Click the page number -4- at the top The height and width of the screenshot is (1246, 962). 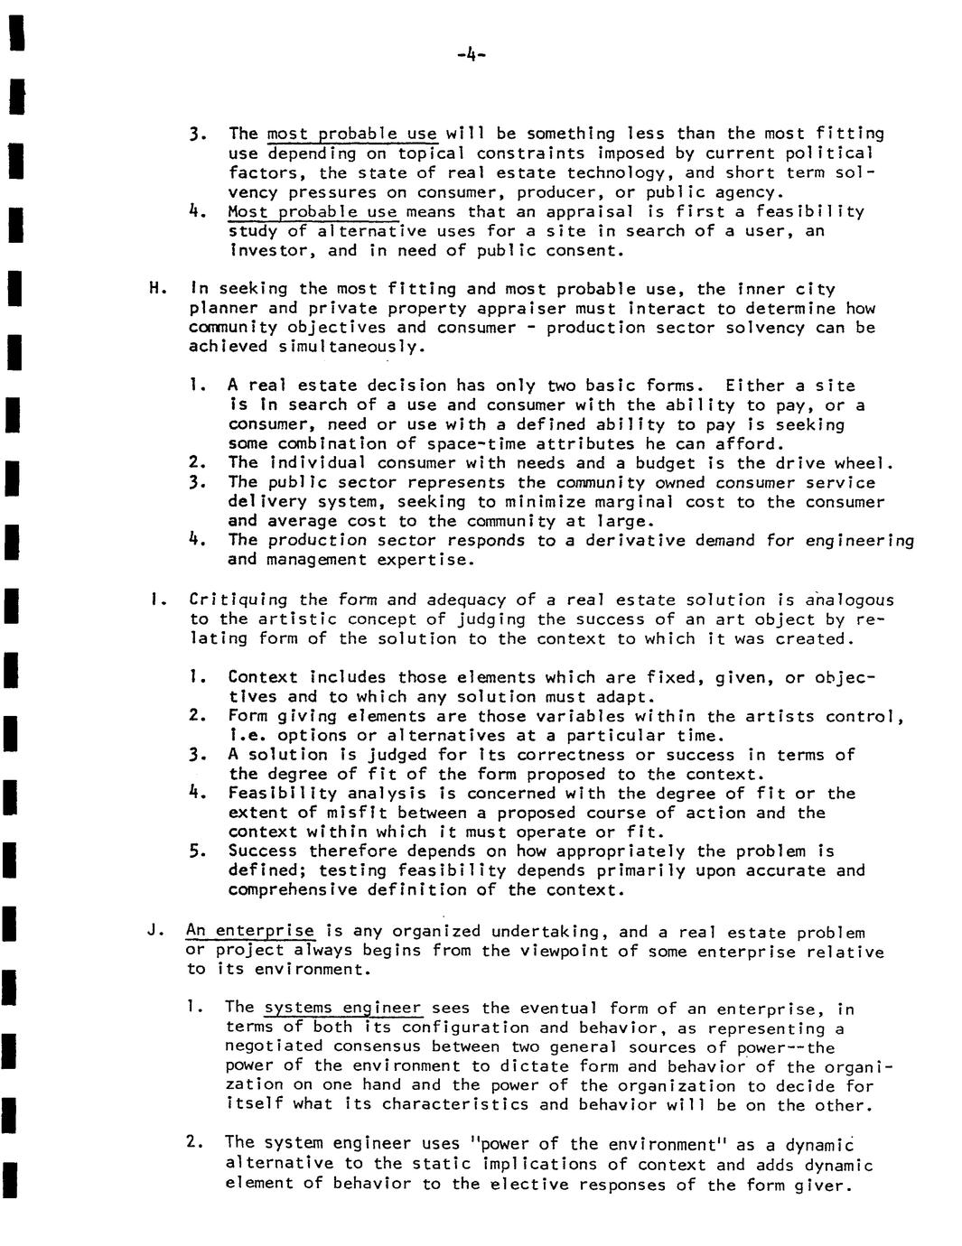pos(472,55)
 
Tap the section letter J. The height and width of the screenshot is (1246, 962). pos(154,931)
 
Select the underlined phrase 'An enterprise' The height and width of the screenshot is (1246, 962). pos(250,931)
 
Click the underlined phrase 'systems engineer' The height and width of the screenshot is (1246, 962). pos(342,1008)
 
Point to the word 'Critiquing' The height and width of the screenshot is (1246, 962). pos(238,600)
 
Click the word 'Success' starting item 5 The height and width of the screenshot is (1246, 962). pos(262,851)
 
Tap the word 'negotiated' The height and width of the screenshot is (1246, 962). pos(274,1046)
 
